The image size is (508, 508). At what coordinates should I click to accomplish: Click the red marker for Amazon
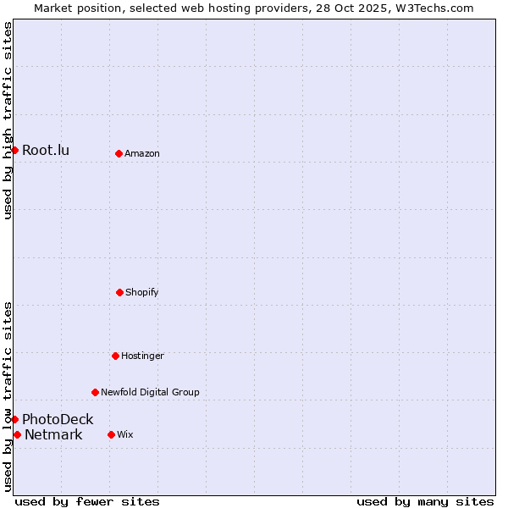click(x=119, y=153)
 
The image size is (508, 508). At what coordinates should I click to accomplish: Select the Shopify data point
click(x=119, y=292)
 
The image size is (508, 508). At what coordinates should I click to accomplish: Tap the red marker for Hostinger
click(x=115, y=356)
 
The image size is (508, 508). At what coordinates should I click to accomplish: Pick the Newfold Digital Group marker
click(x=95, y=392)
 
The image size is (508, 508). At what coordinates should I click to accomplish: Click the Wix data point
click(x=111, y=434)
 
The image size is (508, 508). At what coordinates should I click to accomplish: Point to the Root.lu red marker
click(x=14, y=150)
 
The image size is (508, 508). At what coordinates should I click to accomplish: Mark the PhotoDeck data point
click(x=14, y=419)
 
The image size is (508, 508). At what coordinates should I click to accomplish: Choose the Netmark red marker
click(x=17, y=434)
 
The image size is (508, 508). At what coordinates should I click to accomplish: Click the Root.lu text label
click(x=46, y=151)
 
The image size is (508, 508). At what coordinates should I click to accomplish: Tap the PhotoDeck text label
click(x=58, y=419)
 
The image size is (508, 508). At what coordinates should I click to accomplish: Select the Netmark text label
click(x=53, y=435)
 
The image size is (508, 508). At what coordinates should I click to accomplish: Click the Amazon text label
click(x=142, y=153)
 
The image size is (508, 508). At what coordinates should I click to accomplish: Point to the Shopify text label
click(x=142, y=292)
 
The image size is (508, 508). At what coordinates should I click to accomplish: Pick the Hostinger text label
click(x=142, y=356)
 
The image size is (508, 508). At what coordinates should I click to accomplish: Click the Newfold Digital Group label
click(x=150, y=392)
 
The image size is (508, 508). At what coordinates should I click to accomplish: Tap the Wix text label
click(x=125, y=434)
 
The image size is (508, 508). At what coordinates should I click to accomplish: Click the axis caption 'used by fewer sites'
click(x=87, y=501)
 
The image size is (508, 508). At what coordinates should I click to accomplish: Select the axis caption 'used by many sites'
click(x=425, y=501)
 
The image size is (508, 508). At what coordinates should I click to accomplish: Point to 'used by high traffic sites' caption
click(x=8, y=120)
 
